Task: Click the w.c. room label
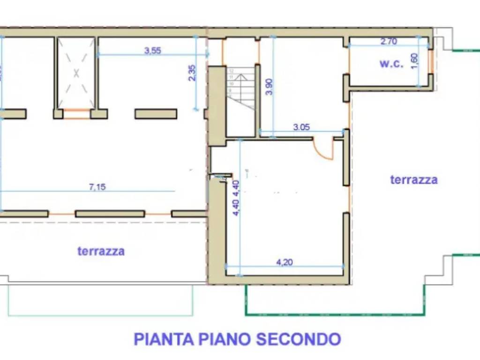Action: (x=391, y=64)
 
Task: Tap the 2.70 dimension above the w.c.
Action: (x=389, y=41)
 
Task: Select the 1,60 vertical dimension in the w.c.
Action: (x=414, y=61)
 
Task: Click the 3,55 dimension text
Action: (x=152, y=51)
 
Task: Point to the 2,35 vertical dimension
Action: (x=192, y=73)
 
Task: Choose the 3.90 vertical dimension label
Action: (x=268, y=87)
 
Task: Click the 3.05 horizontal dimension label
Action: (x=302, y=127)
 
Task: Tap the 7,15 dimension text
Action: (x=97, y=187)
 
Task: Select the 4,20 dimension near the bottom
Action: (x=285, y=262)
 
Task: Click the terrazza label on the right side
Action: (x=414, y=179)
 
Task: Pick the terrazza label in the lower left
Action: (x=101, y=251)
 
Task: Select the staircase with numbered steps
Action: (x=240, y=89)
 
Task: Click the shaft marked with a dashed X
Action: (x=76, y=73)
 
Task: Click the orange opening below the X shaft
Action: (x=76, y=114)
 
